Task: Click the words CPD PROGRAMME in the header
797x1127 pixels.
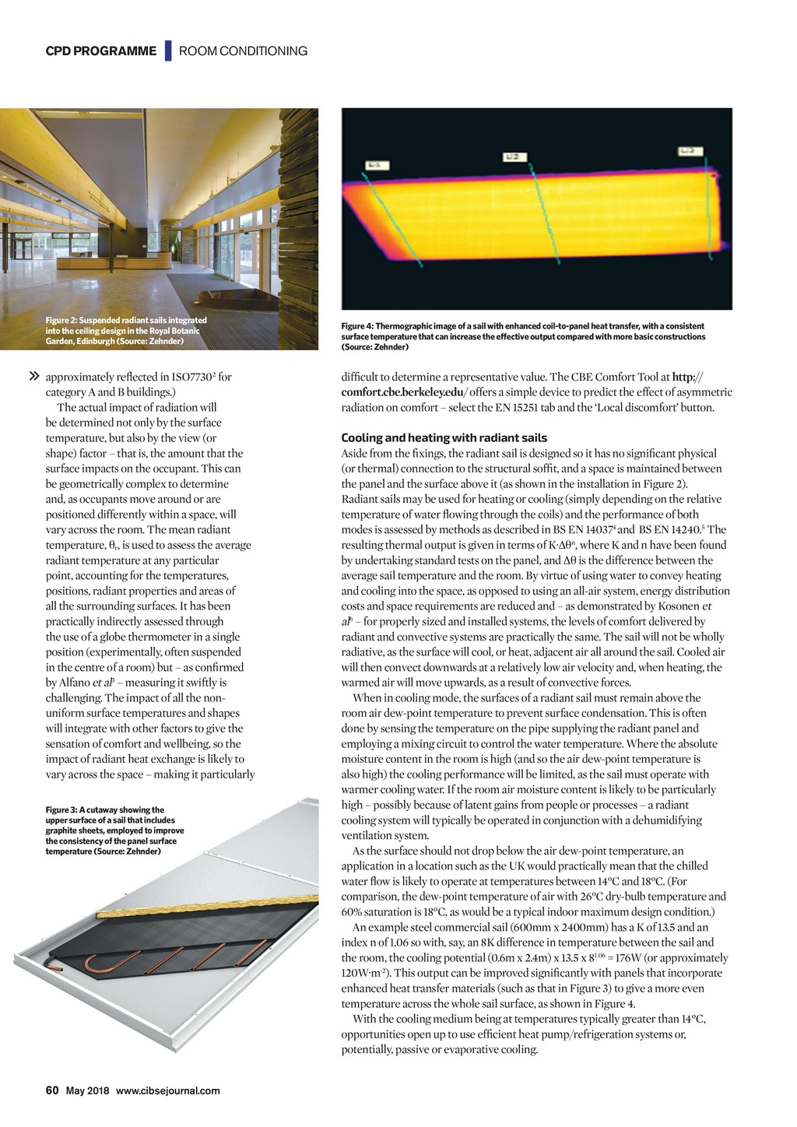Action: pos(100,51)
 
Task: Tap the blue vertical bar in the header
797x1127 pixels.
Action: pos(167,51)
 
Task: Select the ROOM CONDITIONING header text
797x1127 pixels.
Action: pos(243,51)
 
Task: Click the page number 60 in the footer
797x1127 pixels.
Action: pos(52,1090)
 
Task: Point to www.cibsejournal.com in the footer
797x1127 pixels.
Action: pos(167,1090)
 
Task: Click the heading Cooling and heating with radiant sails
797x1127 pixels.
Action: pos(444,438)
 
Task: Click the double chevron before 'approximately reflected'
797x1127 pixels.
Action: pos(33,377)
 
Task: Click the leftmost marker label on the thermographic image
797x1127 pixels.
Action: pos(375,165)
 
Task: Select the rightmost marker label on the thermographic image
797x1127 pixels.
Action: pos(690,151)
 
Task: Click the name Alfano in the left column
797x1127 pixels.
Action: pos(75,683)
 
